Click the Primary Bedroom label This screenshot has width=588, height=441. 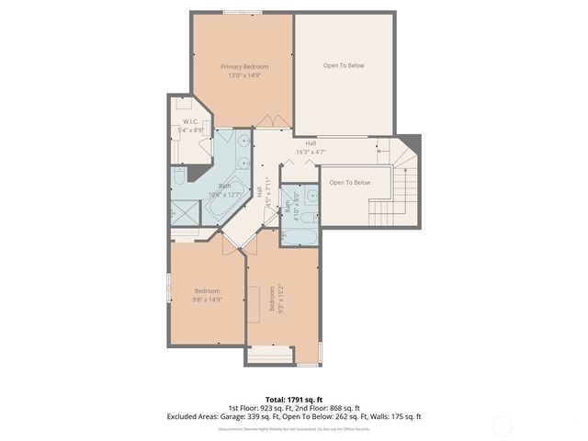tap(244, 67)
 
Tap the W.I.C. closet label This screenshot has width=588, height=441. tap(191, 121)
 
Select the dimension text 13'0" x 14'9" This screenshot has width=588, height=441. tap(244, 75)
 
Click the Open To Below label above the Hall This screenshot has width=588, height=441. tap(344, 65)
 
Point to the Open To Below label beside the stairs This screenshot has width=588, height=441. tap(350, 182)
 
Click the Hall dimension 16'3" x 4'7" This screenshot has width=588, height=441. tap(311, 152)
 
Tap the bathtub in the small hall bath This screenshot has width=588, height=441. tap(300, 233)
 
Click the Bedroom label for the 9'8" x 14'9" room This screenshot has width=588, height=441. tap(207, 291)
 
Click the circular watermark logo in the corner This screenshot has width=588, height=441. tap(503, 425)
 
